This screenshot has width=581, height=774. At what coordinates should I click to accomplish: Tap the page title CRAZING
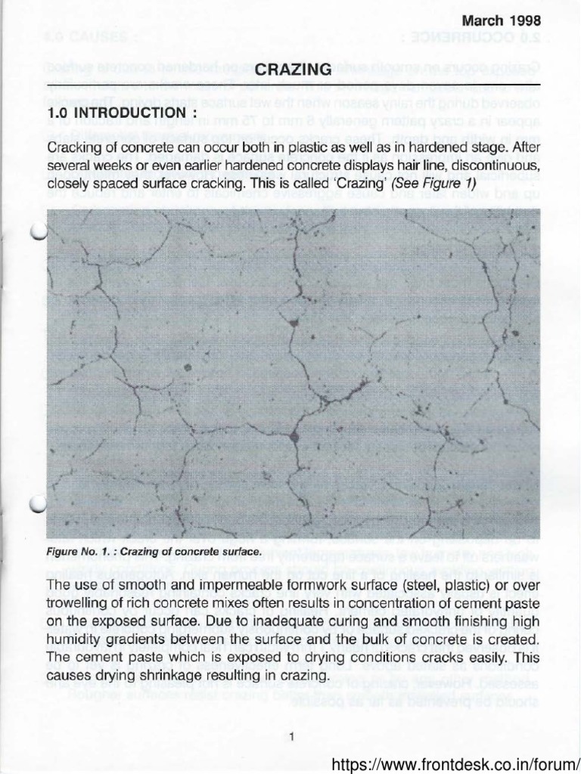point(290,70)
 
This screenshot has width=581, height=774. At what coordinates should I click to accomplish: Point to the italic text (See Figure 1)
point(435,184)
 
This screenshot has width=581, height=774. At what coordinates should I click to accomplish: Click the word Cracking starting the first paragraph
point(75,147)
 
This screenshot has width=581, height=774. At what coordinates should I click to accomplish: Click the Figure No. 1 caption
point(154,552)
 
